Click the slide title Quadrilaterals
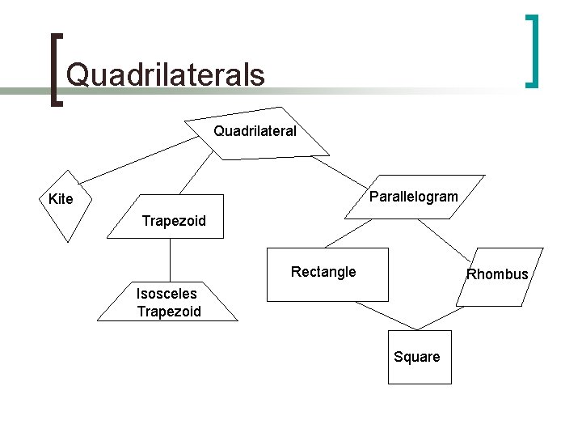click(x=165, y=74)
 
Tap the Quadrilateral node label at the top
click(x=255, y=130)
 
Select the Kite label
click(x=61, y=199)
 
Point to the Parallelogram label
click(x=413, y=197)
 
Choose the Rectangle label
click(x=323, y=272)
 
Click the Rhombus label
click(x=497, y=274)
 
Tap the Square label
click(x=417, y=357)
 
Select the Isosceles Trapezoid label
click(x=168, y=303)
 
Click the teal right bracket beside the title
click(x=533, y=50)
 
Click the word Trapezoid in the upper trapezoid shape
click(x=174, y=220)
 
